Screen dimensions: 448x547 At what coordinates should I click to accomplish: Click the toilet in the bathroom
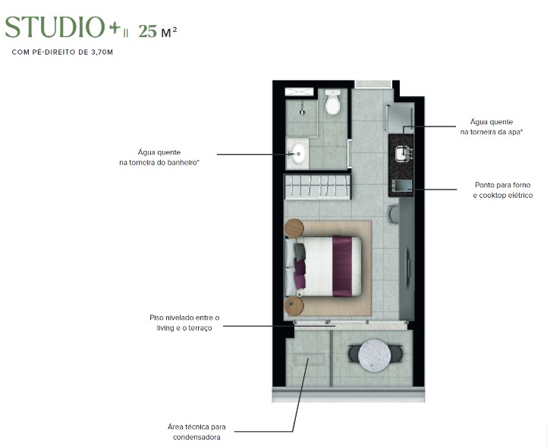(332, 103)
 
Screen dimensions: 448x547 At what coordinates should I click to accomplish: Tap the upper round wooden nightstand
(294, 227)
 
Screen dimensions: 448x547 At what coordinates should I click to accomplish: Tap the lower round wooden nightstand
(294, 305)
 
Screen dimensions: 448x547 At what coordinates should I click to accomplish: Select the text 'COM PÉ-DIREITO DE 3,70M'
(61, 52)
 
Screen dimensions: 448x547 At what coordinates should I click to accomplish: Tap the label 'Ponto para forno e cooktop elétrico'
(501, 190)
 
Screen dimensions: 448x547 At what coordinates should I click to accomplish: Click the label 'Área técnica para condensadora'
(196, 431)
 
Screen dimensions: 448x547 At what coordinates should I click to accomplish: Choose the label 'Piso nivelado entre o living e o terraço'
(184, 322)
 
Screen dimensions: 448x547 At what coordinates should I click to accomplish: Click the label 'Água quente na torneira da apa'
(492, 127)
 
